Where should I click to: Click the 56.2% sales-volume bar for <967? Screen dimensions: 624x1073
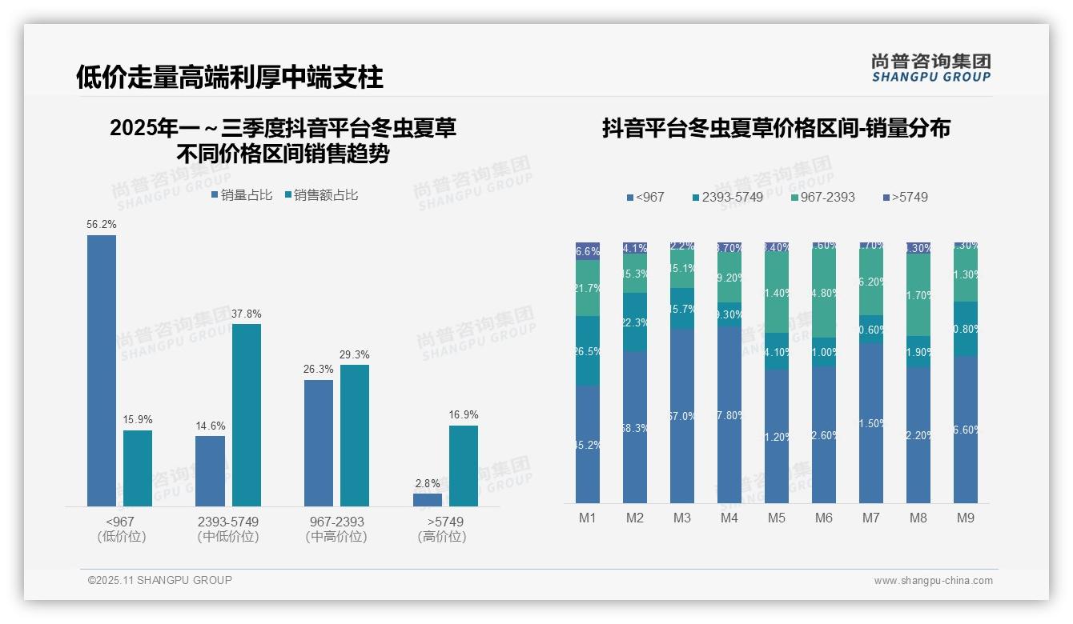pos(102,370)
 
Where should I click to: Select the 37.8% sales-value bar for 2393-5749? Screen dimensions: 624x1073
pos(247,414)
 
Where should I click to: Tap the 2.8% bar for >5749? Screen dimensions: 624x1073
pos(428,500)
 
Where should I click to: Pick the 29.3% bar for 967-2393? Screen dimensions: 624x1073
pos(355,435)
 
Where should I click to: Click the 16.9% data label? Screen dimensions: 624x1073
pos(464,414)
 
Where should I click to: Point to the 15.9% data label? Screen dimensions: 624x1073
pos(138,419)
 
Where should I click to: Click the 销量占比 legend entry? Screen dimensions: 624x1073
pos(242,195)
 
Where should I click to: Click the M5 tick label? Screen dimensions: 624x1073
pos(777,518)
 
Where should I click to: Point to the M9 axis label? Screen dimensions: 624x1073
pos(966,518)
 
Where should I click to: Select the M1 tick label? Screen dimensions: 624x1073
pos(588,518)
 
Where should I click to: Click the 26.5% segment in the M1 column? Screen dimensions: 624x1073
pos(588,351)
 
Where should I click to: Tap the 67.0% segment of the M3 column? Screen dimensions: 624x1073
pos(682,416)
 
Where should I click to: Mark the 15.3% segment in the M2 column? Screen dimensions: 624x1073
pos(635,274)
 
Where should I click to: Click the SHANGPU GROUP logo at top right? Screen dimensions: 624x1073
pos(931,68)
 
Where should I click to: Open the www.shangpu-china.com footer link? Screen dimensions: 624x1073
pos(933,581)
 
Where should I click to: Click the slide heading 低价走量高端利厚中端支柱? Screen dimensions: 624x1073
pos(230,77)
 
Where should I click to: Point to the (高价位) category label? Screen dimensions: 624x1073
pos(442,537)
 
